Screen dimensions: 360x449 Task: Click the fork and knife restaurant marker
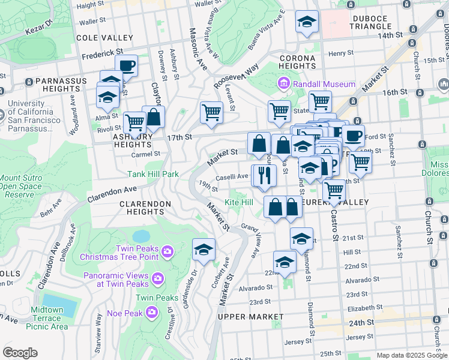[x=264, y=175]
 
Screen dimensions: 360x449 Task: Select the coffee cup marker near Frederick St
[x=126, y=66]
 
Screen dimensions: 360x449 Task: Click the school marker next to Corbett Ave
[x=203, y=249]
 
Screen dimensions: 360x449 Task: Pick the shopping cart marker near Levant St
[x=211, y=112]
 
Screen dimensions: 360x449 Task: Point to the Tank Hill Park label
[x=154, y=175]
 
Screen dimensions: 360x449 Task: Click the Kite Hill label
[x=239, y=203]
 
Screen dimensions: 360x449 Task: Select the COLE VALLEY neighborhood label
[x=100, y=38]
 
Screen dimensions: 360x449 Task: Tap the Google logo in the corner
[x=20, y=352]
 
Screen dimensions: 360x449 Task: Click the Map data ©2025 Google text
[x=411, y=355]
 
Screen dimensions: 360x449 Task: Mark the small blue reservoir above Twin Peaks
[x=141, y=235]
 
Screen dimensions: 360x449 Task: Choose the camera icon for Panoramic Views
[x=157, y=278]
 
